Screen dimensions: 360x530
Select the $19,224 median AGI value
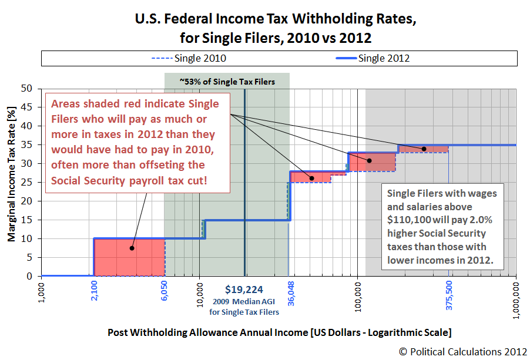[244, 289]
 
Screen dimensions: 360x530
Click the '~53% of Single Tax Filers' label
[227, 82]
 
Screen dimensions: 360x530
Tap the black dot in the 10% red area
[132, 248]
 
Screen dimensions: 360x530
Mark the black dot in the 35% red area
[424, 149]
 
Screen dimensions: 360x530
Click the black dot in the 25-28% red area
[311, 178]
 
